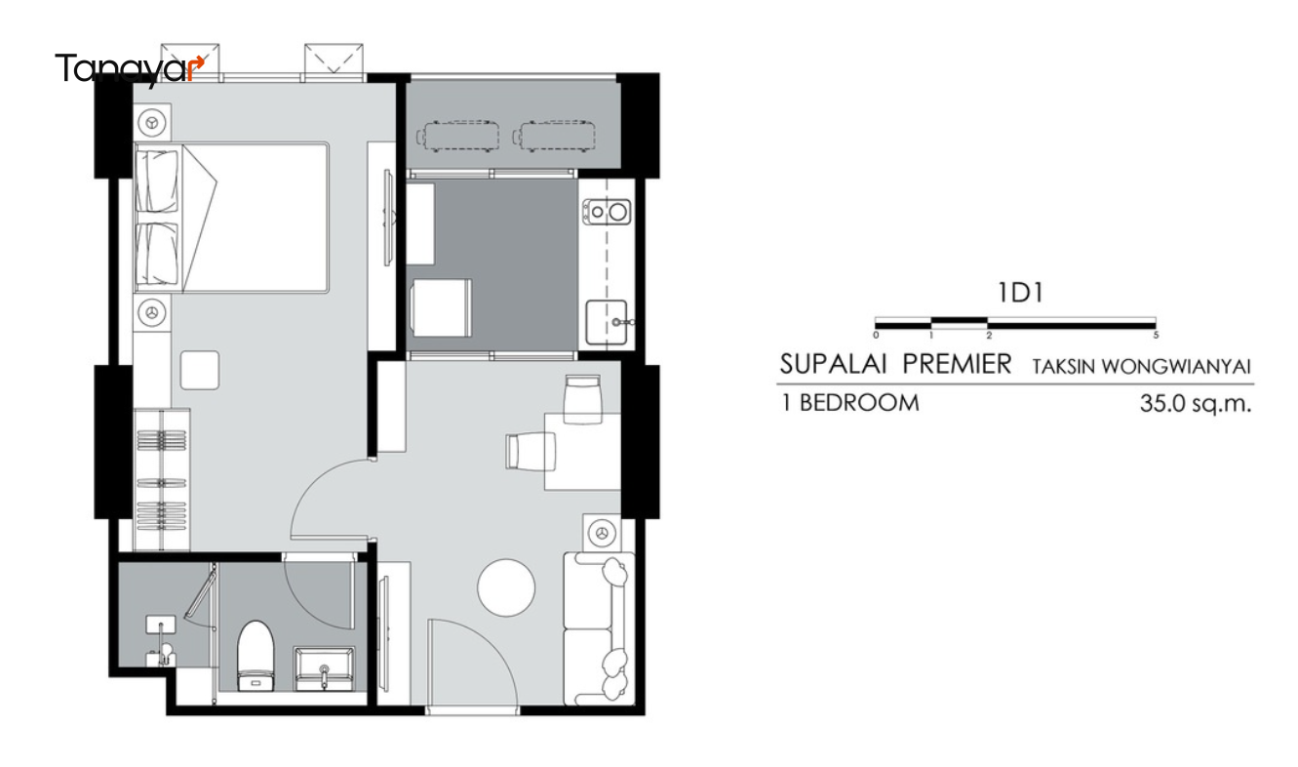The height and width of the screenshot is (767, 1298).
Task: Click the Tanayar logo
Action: click(130, 69)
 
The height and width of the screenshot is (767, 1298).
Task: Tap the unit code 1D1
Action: click(1020, 293)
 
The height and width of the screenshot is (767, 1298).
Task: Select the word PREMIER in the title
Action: click(957, 365)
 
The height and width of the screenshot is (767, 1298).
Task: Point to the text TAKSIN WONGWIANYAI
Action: click(1141, 367)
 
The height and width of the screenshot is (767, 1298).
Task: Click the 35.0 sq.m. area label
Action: click(1196, 403)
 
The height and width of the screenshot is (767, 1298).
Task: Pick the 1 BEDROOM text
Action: click(850, 403)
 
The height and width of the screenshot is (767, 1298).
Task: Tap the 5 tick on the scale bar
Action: click(1156, 335)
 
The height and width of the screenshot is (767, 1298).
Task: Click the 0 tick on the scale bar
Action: click(876, 335)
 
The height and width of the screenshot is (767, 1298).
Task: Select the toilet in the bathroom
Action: click(255, 656)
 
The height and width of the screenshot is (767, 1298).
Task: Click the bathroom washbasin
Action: click(325, 668)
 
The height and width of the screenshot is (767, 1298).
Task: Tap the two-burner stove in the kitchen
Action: click(607, 212)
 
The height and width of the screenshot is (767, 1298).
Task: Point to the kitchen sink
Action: click(607, 322)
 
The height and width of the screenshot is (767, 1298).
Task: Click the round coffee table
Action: click(506, 587)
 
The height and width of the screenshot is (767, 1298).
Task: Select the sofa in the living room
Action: click(599, 628)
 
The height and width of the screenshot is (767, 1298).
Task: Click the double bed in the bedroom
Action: click(232, 218)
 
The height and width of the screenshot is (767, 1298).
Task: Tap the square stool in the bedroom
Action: click(199, 370)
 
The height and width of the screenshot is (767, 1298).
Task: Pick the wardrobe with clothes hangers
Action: click(162, 479)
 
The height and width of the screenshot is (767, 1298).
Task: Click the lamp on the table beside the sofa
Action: click(602, 532)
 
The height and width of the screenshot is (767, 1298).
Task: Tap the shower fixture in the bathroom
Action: click(162, 640)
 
